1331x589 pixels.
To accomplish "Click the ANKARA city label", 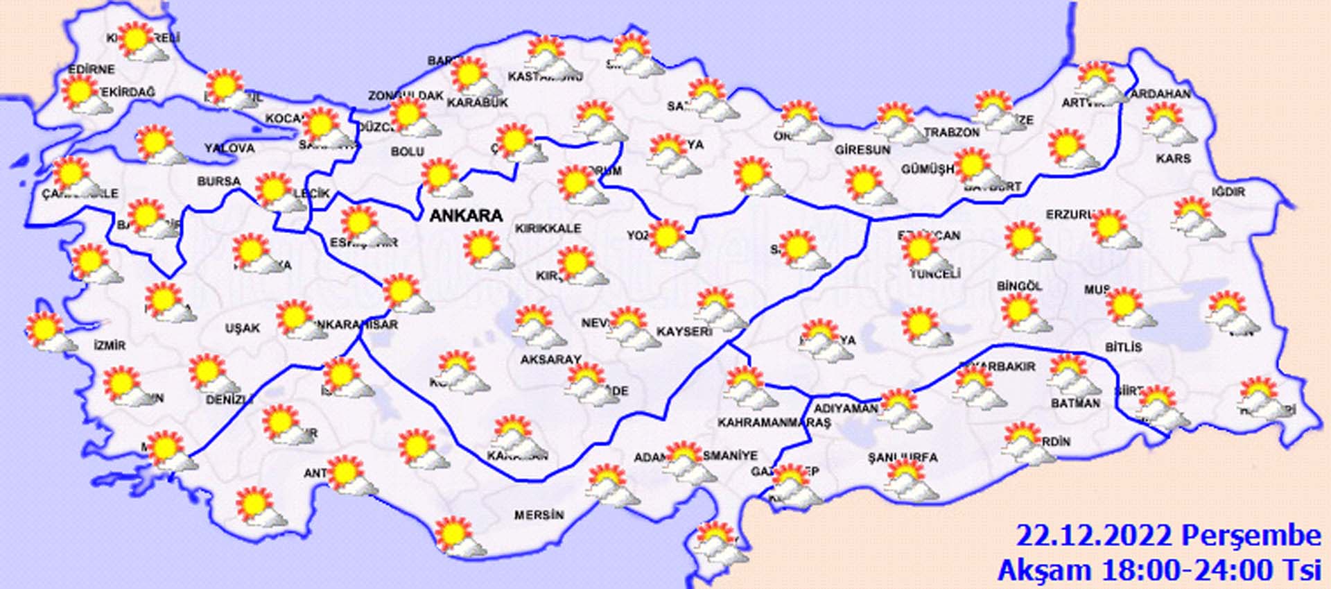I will [x=466, y=216].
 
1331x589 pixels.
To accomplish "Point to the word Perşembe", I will [x=1251, y=536].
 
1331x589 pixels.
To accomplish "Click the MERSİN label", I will [x=539, y=515].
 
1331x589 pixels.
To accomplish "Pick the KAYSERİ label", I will [x=684, y=332].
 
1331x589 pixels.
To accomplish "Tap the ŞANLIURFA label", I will [x=903, y=458].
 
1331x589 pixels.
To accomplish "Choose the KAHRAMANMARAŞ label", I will [x=774, y=422].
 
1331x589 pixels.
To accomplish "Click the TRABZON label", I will [x=951, y=133].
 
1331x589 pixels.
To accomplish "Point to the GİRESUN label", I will [x=862, y=150].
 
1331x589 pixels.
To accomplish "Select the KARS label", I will [x=1173, y=159].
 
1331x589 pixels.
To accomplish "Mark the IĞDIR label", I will [x=1228, y=191].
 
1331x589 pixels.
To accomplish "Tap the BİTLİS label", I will [x=1123, y=347].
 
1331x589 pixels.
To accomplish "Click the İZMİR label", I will [x=110, y=345].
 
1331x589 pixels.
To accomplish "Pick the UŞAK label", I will [x=242, y=328].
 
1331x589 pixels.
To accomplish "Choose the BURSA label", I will [x=218, y=182].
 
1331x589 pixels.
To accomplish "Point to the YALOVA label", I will [x=229, y=148].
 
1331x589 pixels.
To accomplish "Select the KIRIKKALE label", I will [x=548, y=228].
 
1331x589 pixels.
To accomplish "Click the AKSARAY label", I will [x=550, y=359].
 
